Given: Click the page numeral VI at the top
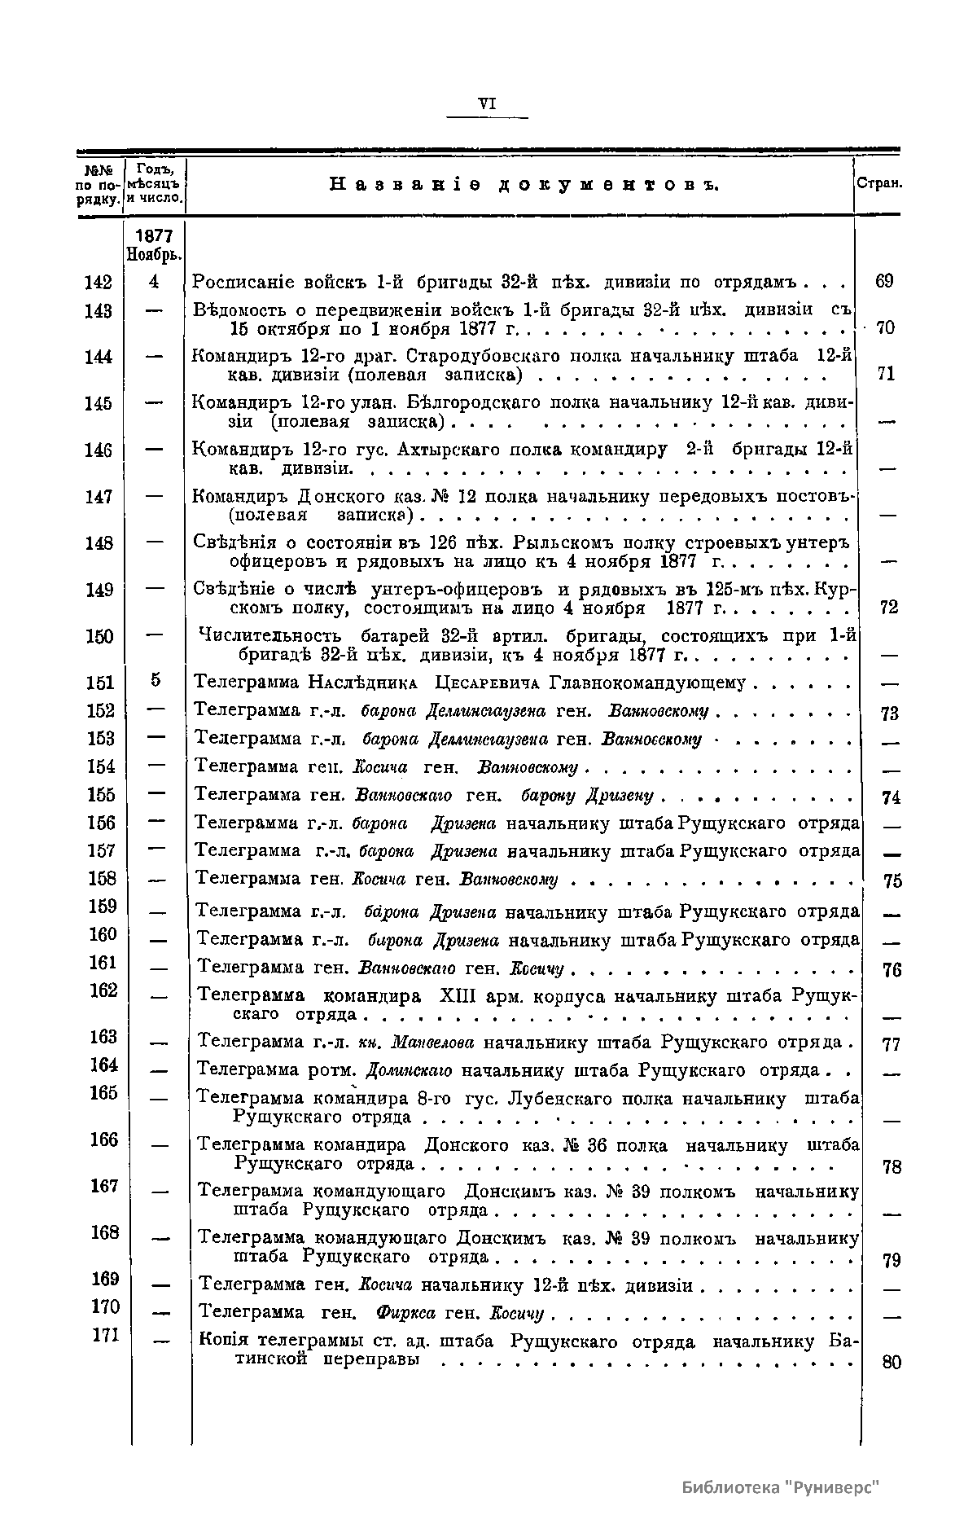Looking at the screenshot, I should tap(488, 103).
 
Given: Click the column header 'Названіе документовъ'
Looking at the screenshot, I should tap(524, 185).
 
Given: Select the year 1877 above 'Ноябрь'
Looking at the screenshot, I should tap(154, 236).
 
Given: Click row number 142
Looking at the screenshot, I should tap(98, 282).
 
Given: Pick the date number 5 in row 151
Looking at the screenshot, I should tap(156, 680).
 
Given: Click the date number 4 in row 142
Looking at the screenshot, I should tap(155, 282).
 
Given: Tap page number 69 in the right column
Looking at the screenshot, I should tap(884, 282).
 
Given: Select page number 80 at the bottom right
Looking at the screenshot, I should tap(892, 1362).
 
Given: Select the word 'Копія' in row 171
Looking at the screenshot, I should tap(224, 1341).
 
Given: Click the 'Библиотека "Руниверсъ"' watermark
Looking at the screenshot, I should tap(782, 1487).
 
